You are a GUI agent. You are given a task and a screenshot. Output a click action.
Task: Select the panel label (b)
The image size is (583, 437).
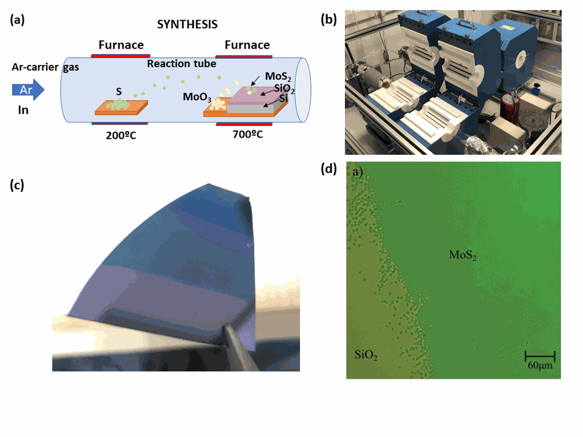(x=329, y=20)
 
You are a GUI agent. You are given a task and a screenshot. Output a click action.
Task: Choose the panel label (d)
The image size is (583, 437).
(x=329, y=169)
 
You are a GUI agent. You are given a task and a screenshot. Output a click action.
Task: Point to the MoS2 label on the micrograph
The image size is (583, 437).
(x=462, y=256)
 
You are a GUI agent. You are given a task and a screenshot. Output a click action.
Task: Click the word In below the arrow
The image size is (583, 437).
(x=22, y=110)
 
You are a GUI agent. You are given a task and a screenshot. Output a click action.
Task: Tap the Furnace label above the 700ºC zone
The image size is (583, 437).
(x=247, y=45)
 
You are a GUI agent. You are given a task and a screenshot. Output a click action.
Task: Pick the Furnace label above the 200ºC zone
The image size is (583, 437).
(x=121, y=45)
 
